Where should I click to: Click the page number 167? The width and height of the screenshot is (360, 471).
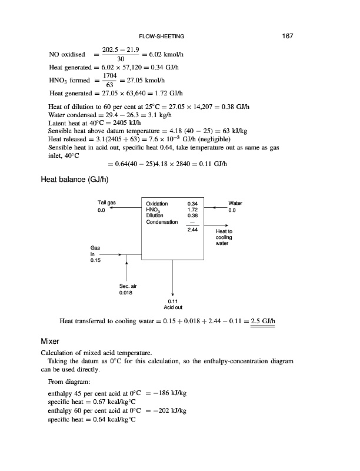pos(287,37)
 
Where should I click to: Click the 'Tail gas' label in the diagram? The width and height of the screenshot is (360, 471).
pos(106,203)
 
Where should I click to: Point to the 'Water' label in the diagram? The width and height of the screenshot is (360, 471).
pos(235,203)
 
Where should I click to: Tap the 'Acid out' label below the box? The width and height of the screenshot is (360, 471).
pos(173,307)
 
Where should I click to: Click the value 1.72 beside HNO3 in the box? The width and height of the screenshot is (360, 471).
pos(191,210)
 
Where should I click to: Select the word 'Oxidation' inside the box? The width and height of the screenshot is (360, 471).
pos(156,204)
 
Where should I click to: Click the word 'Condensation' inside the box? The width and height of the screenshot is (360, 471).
pos(161,221)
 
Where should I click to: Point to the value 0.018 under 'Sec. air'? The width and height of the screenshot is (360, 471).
pos(126,292)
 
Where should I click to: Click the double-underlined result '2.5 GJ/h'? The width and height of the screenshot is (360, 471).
pos(263,321)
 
